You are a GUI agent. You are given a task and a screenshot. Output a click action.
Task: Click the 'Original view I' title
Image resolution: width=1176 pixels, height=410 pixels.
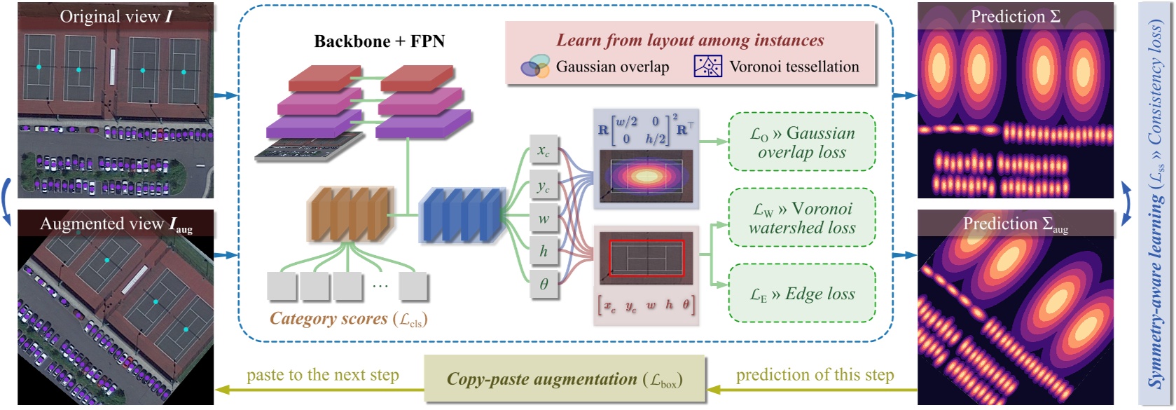[116, 17]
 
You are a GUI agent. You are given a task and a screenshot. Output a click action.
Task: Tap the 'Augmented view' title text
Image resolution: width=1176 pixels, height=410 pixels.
[116, 224]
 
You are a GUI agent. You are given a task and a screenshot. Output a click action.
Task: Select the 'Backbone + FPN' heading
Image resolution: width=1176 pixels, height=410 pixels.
[379, 41]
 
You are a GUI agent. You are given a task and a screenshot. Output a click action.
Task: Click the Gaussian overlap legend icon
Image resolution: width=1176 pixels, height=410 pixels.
[535, 67]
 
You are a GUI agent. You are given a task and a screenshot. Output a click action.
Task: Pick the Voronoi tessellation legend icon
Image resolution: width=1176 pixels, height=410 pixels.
[707, 67]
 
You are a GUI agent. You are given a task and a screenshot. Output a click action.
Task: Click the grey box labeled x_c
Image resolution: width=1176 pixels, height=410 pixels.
[544, 151]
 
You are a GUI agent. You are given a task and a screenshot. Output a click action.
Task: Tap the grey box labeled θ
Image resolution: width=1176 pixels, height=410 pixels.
[544, 285]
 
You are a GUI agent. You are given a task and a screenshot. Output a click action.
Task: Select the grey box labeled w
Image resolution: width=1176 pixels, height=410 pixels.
[544, 218]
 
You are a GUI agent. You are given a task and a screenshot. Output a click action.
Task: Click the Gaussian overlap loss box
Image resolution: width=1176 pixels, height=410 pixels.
[802, 142]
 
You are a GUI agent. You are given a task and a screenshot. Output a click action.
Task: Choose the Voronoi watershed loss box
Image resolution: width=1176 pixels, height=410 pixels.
[802, 218]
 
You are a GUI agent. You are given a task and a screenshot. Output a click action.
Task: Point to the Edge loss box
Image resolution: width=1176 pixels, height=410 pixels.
[802, 294]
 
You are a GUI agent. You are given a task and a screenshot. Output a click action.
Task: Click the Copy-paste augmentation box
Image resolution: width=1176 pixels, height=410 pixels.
[564, 379]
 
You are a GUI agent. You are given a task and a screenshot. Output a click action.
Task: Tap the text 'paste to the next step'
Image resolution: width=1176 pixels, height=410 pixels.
[322, 375]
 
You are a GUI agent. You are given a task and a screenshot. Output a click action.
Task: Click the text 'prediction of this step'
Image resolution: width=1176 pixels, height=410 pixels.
[815, 375]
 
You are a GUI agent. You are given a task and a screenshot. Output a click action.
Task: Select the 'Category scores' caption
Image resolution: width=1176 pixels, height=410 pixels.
[348, 319]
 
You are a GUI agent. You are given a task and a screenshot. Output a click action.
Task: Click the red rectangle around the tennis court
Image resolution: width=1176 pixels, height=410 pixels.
[646, 258]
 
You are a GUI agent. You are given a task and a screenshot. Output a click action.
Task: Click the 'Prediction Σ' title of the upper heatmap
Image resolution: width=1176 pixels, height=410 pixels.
[1015, 17]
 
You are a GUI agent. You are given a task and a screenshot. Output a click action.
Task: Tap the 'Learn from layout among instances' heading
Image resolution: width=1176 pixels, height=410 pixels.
[690, 41]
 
